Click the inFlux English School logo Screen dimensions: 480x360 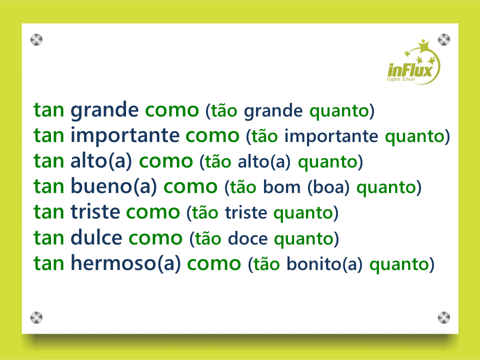tap(413, 62)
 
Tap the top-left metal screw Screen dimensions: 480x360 tap(36, 40)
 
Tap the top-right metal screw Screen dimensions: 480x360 tap(444, 40)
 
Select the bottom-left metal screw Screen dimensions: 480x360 tap(36, 318)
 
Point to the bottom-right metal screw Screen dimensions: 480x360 tap(444, 318)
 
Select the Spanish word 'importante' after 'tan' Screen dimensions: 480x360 tap(125, 136)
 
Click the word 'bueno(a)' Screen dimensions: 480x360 tap(114, 186)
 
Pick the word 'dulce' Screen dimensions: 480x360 tap(96, 237)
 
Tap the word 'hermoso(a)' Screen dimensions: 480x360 tap(126, 263)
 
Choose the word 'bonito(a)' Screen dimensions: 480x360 tap(324, 264)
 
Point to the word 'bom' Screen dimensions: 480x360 tap(281, 187)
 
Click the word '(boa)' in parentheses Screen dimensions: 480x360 tap(328, 187)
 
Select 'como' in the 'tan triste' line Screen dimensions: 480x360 tap(153, 212)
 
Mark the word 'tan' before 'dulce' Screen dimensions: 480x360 tap(49, 238)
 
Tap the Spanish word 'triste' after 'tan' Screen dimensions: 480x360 tap(95, 212)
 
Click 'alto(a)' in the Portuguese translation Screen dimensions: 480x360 tap(264, 161)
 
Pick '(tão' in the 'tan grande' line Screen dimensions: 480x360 tap(221, 110)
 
